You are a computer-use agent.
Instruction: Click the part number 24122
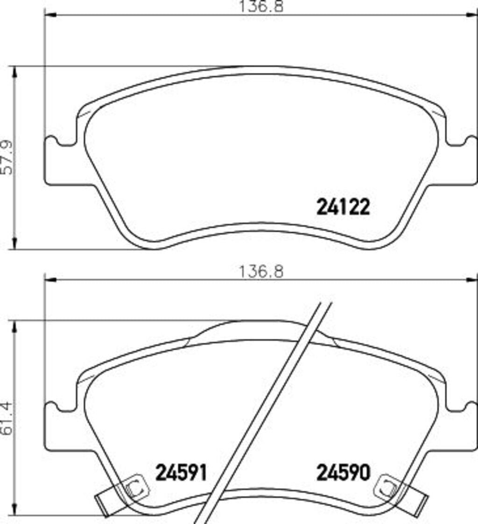[343, 207]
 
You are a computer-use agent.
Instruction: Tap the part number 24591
[181, 473]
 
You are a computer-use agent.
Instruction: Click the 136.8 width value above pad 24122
[261, 7]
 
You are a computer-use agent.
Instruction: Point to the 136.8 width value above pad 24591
[261, 271]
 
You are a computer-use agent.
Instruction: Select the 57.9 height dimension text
[7, 158]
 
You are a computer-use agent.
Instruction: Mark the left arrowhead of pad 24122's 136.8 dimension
[49, 15]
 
